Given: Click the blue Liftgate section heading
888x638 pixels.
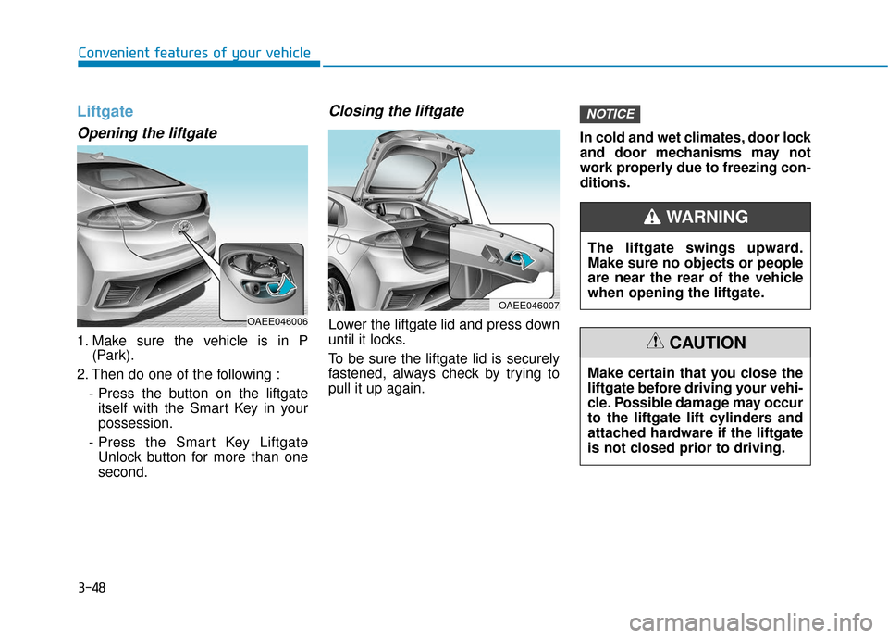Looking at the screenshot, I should click(105, 111).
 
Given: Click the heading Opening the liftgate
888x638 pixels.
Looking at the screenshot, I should click(147, 133).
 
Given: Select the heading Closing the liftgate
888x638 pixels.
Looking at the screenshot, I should click(396, 111).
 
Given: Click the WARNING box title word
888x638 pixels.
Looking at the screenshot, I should click(708, 218).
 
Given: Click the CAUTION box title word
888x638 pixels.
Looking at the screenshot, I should click(708, 343).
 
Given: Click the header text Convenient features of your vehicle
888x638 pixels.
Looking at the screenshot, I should click(194, 53).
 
